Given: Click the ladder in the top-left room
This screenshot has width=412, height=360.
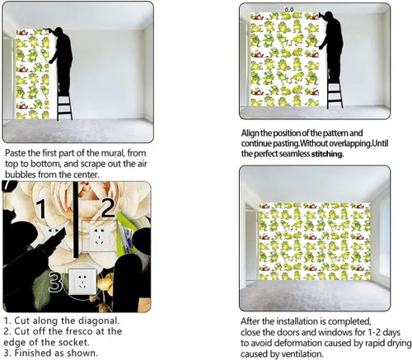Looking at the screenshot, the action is click(65, 105).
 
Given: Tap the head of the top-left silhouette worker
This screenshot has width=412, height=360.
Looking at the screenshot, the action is click(59, 30).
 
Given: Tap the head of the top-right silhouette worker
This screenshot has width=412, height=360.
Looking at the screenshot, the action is click(329, 15).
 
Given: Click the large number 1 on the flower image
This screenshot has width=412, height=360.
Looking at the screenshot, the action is click(42, 209).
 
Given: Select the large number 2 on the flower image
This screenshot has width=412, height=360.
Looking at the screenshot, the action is click(108, 208).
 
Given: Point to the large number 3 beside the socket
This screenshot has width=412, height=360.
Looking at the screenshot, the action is click(56, 282).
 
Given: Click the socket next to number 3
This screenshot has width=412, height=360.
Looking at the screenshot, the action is click(82, 282).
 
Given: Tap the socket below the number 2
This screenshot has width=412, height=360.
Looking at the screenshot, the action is click(99, 236).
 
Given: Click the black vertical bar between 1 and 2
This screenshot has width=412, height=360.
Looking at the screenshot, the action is click(76, 220).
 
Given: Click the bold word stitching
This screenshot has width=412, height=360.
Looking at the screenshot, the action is click(327, 154).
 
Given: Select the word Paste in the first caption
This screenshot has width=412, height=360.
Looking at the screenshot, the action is click(13, 153).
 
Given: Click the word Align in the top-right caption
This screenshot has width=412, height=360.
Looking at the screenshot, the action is click(250, 133).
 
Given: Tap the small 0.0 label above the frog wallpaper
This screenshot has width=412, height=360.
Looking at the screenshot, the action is click(289, 10).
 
